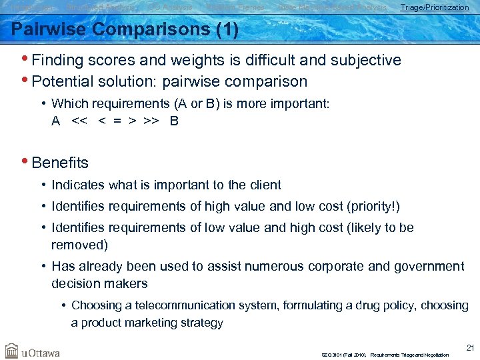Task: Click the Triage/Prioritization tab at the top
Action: tap(434, 7)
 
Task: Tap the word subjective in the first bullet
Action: tap(365, 60)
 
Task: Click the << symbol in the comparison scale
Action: tap(79, 121)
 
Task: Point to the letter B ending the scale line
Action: tap(174, 121)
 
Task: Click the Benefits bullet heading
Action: tap(60, 163)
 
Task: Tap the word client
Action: tap(264, 185)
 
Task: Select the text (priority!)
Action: tap(372, 206)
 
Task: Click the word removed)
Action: tap(79, 245)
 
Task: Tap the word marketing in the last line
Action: tap(151, 323)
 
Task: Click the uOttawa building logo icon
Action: tap(12, 350)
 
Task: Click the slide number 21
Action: tap(471, 347)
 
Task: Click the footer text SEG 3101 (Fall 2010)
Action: tap(343, 355)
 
